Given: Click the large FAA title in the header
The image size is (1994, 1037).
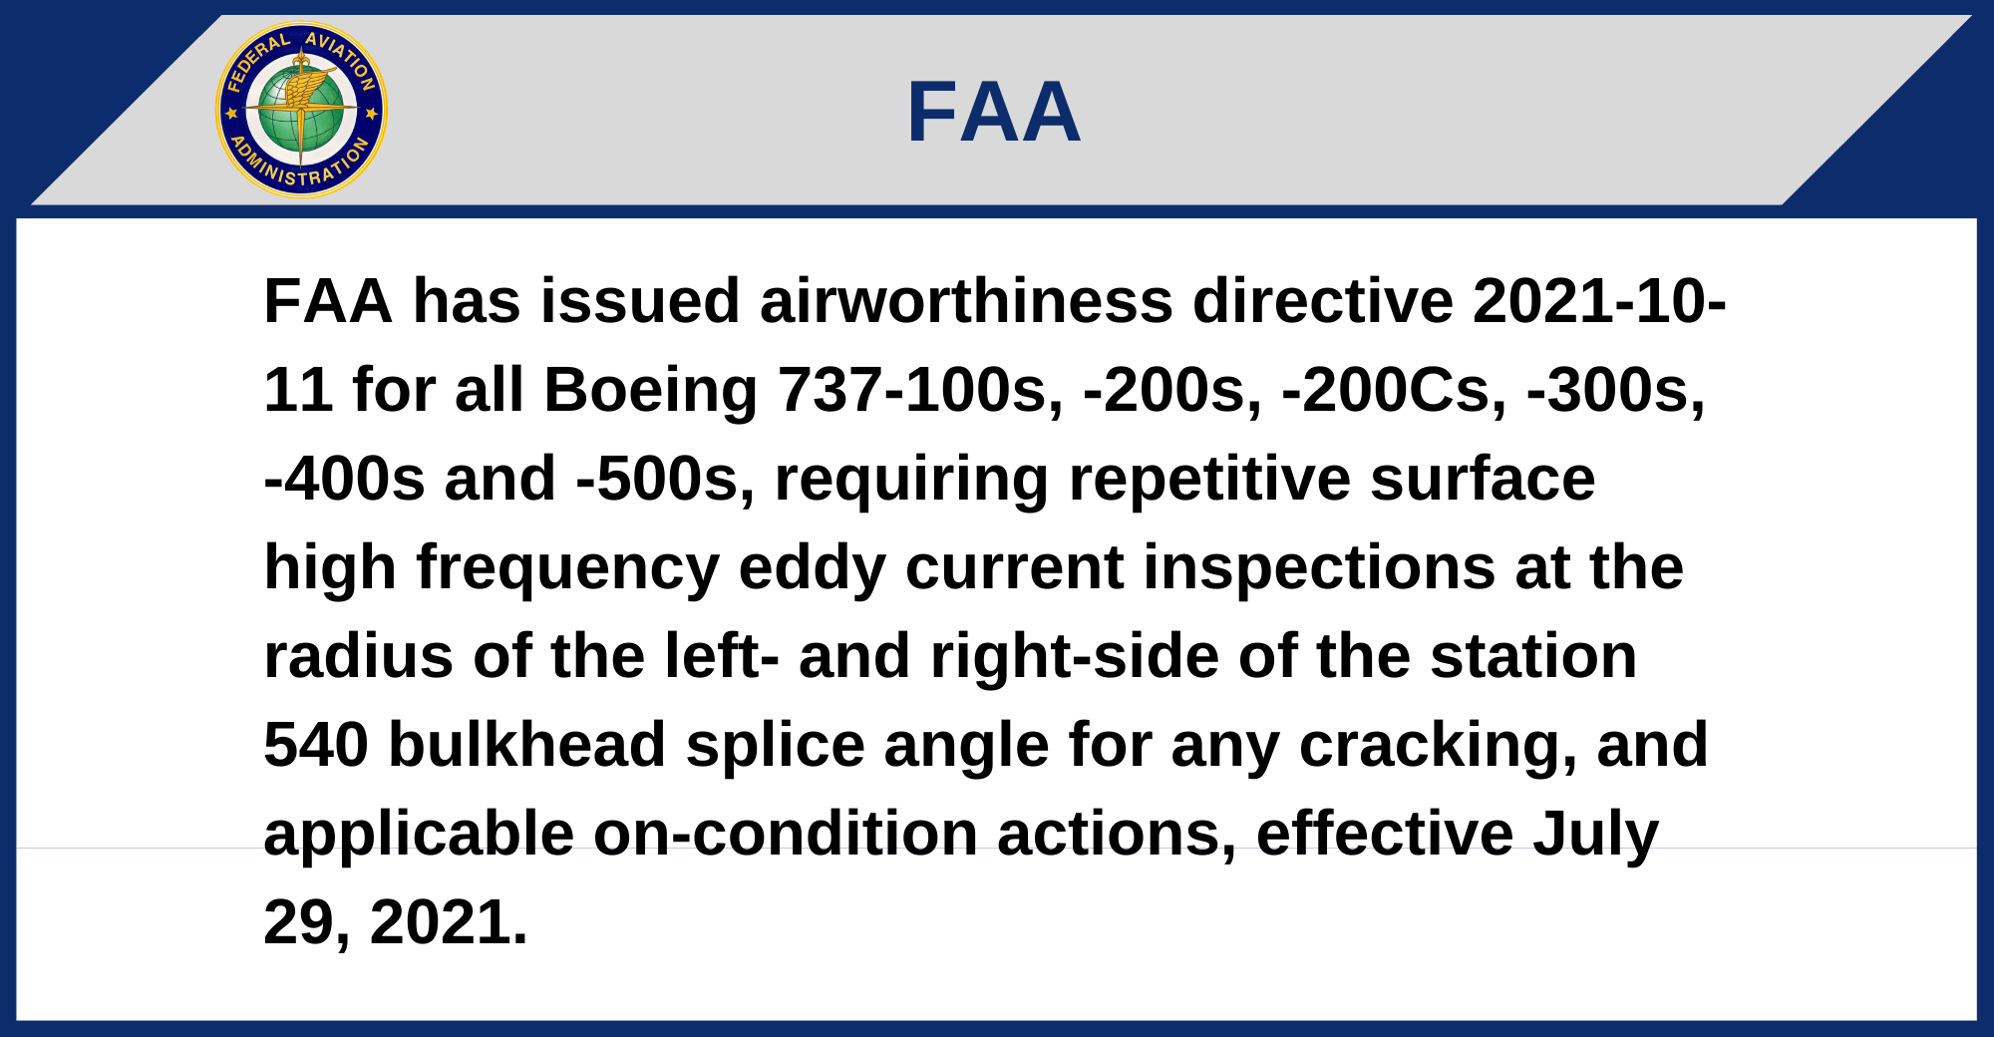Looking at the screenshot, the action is [x=994, y=112].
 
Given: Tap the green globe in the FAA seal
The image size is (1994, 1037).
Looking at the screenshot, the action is [x=301, y=110].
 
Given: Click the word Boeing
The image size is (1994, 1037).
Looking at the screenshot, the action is [x=651, y=390].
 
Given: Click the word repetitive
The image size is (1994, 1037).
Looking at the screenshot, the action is [x=1209, y=481].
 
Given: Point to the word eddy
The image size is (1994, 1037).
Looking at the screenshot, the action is [x=812, y=568].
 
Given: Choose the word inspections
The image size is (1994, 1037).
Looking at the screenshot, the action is [x=1319, y=568].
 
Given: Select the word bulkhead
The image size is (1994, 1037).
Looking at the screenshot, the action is [x=527, y=745].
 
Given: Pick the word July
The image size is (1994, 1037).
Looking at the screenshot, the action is [x=1595, y=836].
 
